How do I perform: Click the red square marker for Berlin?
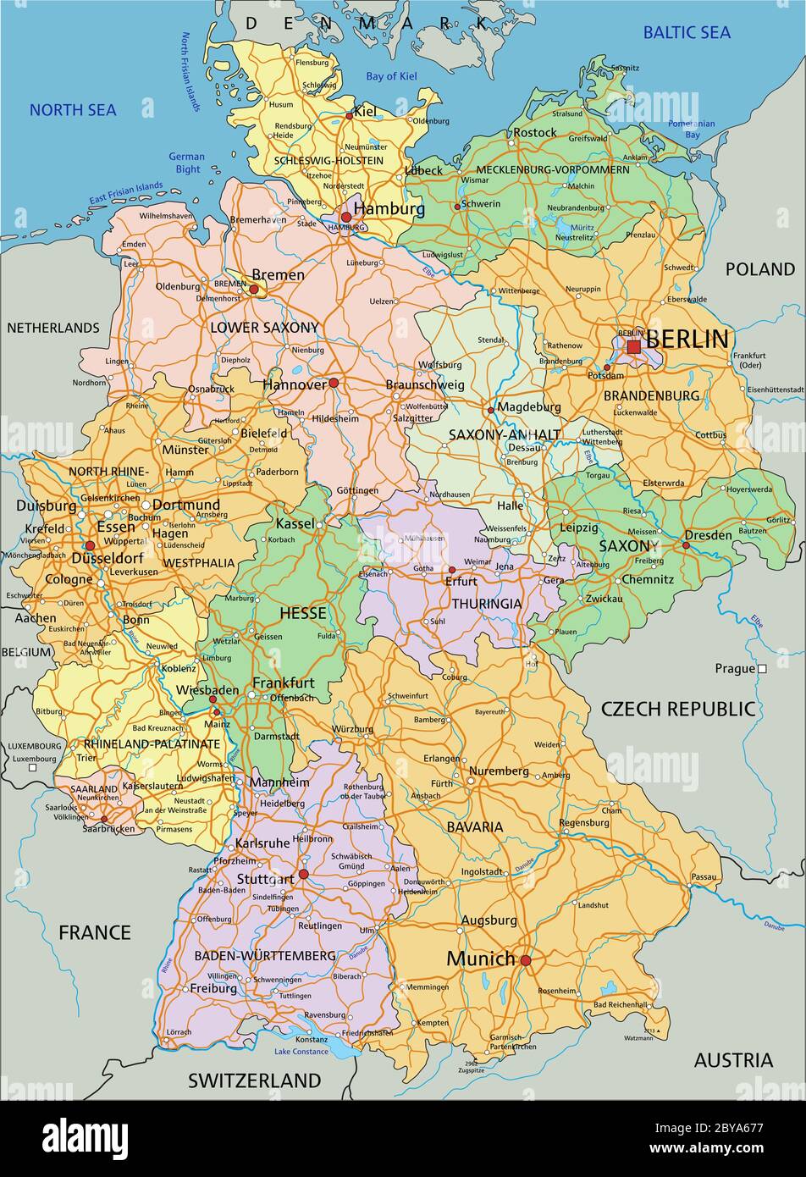tap(633, 346)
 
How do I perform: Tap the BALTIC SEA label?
tap(687, 33)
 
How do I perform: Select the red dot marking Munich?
tap(525, 960)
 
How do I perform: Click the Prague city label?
tap(734, 669)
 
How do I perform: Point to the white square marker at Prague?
tap(762, 669)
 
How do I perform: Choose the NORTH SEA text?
tap(73, 110)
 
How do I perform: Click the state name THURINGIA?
tap(486, 604)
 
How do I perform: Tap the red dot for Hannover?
tap(334, 383)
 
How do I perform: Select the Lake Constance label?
tap(301, 1052)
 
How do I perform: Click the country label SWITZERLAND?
tap(254, 1080)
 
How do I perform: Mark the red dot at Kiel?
tap(349, 116)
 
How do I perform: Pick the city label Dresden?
tap(708, 535)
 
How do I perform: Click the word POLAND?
tap(759, 269)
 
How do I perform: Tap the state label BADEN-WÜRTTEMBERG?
tap(265, 955)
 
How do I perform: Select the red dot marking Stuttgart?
tap(303, 874)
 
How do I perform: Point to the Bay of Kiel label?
tap(391, 76)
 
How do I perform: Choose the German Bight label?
tap(186, 163)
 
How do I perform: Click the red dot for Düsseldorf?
tap(90, 546)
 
